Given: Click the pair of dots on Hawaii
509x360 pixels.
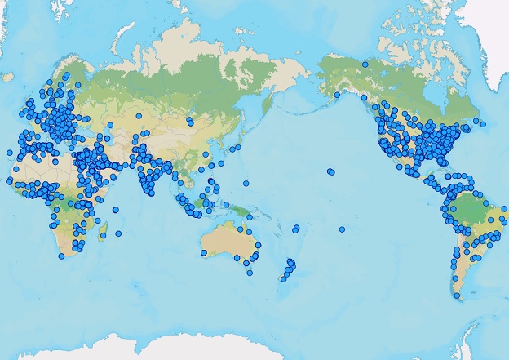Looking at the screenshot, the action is tap(330, 171).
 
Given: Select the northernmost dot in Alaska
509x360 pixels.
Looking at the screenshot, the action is tap(365, 64).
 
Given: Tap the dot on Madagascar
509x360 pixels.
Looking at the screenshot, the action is tap(104, 235).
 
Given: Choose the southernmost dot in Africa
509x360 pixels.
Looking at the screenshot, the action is tap(62, 256).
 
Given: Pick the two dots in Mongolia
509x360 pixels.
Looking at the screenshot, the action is tap(189, 122).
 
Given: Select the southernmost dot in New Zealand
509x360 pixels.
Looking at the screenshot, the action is tap(282, 279).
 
